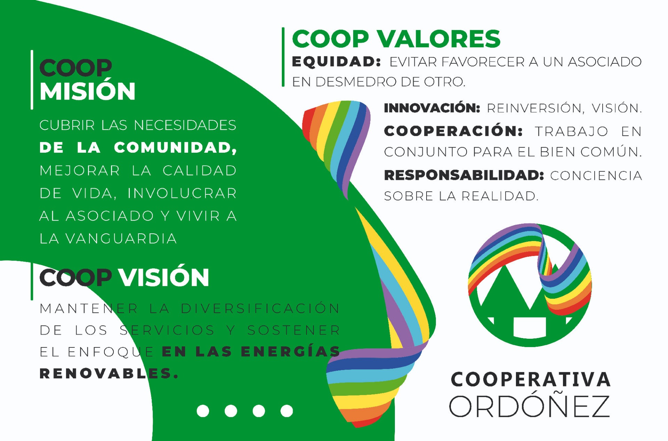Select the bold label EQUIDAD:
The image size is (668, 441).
[x=336, y=62]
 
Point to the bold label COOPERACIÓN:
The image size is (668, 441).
[x=453, y=131]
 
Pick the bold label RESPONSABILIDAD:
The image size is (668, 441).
[x=464, y=175]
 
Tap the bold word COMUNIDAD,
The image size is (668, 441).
[x=175, y=147]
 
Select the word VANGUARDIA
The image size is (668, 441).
[x=121, y=239]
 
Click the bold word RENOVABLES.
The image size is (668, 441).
[x=109, y=374]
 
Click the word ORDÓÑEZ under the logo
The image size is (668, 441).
[x=530, y=406]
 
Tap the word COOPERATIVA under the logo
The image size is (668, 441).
[x=531, y=379]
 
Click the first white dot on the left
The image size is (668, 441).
[x=203, y=411]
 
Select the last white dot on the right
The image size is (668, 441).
[x=287, y=411]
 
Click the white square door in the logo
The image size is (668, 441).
[x=530, y=327]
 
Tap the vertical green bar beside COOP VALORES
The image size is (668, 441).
[x=283, y=57]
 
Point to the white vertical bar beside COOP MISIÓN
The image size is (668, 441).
[x=32, y=80]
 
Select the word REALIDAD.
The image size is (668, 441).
[x=500, y=196]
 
